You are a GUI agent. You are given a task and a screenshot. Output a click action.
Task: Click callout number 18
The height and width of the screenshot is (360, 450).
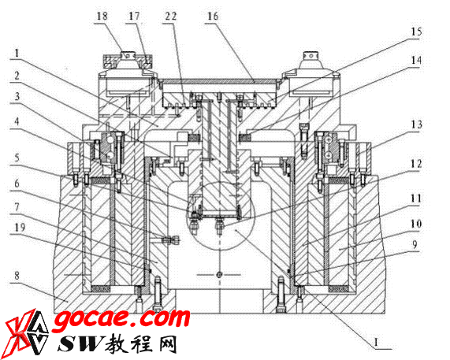click(102, 16)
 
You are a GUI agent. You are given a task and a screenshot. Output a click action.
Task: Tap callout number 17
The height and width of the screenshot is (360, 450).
click(134, 16)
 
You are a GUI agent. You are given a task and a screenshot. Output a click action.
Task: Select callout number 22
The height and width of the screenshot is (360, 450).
click(170, 16)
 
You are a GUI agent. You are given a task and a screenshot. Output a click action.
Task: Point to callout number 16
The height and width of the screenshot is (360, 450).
click(213, 16)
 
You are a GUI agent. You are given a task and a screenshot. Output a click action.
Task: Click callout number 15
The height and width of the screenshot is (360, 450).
click(416, 32)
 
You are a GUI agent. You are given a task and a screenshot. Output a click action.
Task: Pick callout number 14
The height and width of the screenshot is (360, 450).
click(416, 60)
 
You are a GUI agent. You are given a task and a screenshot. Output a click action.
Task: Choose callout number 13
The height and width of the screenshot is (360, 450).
click(416, 124)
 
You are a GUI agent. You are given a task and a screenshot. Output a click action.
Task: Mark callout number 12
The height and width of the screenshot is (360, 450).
click(416, 164)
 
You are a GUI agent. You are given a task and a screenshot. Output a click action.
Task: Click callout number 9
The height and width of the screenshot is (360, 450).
click(415, 245)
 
